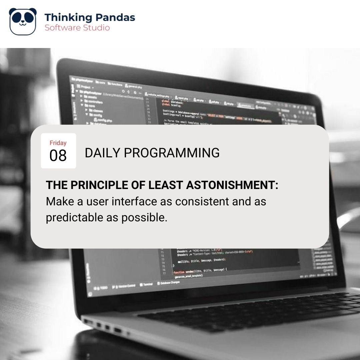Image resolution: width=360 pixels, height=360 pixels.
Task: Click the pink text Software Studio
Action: (77, 28)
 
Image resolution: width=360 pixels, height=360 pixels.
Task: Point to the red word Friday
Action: (58, 143)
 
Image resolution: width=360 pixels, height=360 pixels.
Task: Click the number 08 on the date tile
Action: (58, 156)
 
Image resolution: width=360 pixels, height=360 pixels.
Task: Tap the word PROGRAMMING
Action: (172, 153)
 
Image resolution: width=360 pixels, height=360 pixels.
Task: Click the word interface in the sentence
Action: (132, 202)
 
